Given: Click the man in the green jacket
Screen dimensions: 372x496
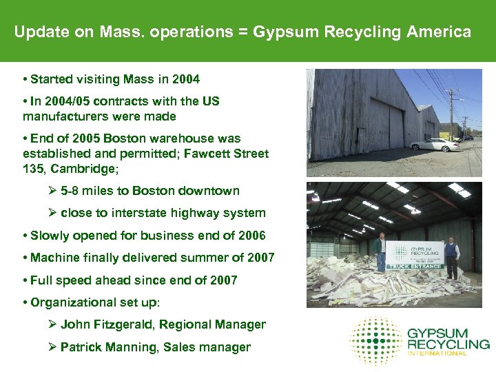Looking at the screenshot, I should click(x=380, y=251).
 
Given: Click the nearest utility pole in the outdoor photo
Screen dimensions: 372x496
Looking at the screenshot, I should click(x=452, y=114).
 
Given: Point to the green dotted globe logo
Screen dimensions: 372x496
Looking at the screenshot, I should click(x=375, y=340).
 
